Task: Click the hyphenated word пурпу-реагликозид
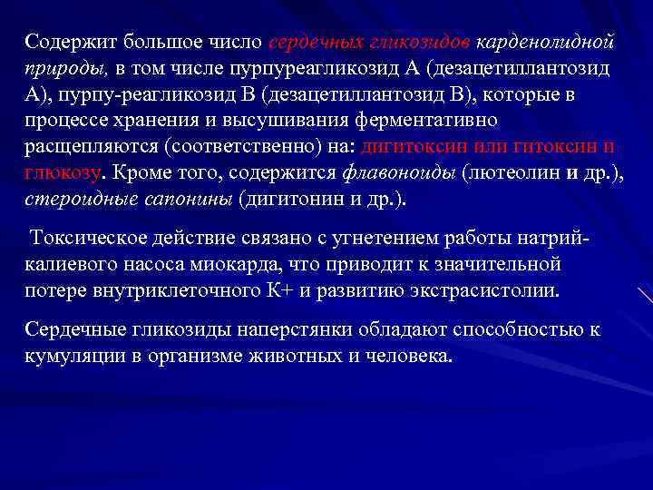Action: point(133,94)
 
